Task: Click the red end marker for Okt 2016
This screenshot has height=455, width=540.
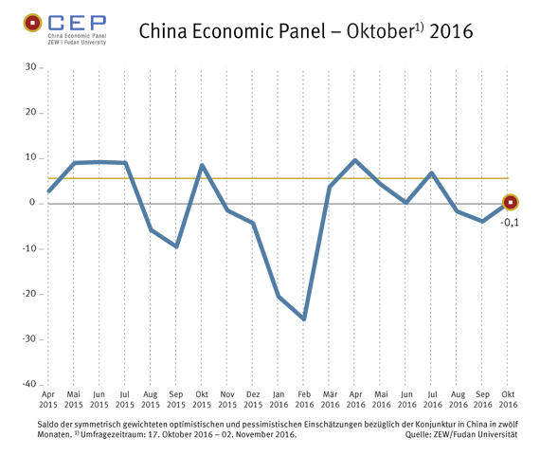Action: coord(510,202)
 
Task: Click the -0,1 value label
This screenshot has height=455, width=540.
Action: coord(510,222)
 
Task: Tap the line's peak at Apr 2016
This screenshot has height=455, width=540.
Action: coord(354,160)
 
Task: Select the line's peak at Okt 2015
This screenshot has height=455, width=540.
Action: coord(201,165)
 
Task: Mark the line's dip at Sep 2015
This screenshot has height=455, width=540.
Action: coord(175,246)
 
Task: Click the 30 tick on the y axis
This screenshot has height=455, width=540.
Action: coord(30,67)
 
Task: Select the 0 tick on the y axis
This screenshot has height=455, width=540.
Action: coord(32,203)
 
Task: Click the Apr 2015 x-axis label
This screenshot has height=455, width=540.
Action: coord(48,398)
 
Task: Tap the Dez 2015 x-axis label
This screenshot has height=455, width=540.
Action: coord(253,398)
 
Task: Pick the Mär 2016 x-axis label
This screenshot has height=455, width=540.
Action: coord(330,398)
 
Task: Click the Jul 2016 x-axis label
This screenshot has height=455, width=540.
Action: coord(432,398)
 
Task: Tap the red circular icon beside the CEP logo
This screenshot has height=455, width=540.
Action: coord(32,22)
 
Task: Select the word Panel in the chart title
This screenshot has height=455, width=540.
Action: coord(271,32)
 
